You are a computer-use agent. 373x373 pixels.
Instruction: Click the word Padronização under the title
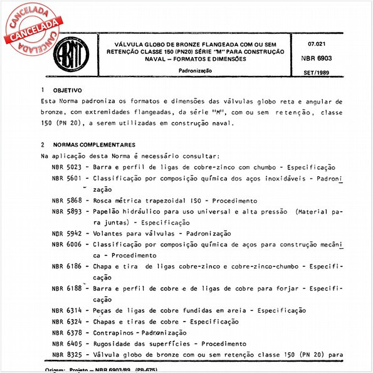[194, 70]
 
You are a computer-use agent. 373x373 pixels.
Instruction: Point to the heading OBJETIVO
[67, 91]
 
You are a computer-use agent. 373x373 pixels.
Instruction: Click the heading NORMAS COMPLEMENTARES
[94, 144]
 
